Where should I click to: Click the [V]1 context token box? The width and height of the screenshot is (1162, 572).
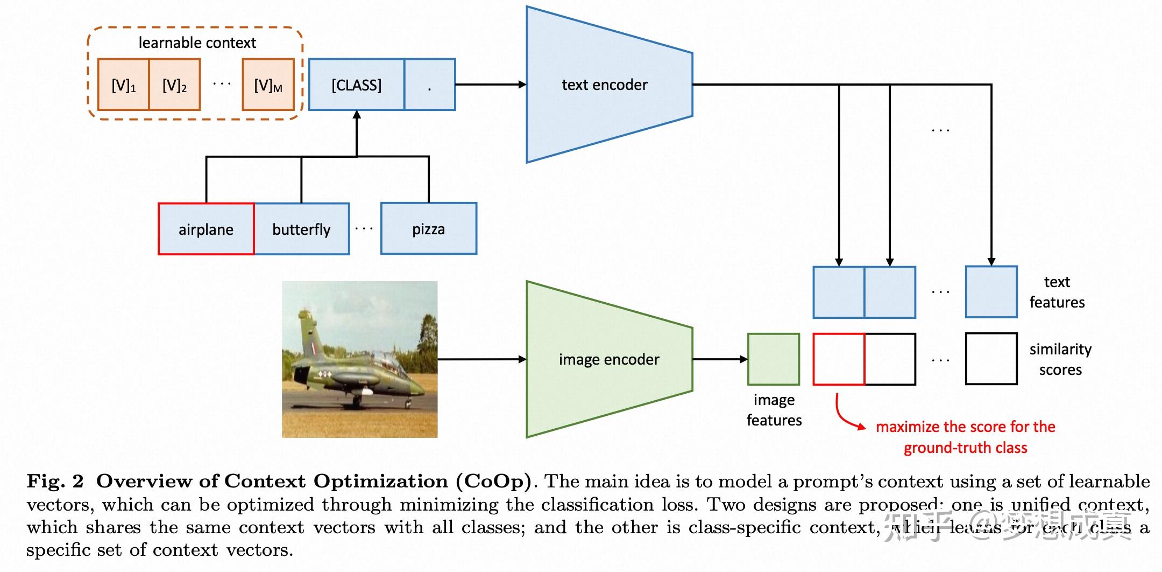123,85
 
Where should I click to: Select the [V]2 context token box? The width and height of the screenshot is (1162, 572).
174,85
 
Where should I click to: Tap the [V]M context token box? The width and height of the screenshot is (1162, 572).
268,85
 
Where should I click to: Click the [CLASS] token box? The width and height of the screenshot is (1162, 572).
356,85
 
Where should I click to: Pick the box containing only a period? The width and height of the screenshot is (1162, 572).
429,85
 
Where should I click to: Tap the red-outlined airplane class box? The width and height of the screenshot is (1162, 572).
206,229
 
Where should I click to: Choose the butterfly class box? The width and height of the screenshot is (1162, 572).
301,229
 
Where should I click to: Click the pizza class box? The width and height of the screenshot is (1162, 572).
428,229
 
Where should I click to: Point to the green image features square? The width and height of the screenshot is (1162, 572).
773,359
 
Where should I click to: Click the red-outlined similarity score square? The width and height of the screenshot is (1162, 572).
839,359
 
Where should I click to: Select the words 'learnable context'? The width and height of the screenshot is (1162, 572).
197,43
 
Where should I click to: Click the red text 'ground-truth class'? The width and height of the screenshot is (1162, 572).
965,448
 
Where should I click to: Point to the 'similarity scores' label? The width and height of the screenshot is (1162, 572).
1060,359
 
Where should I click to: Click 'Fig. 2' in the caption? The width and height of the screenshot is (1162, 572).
55,481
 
